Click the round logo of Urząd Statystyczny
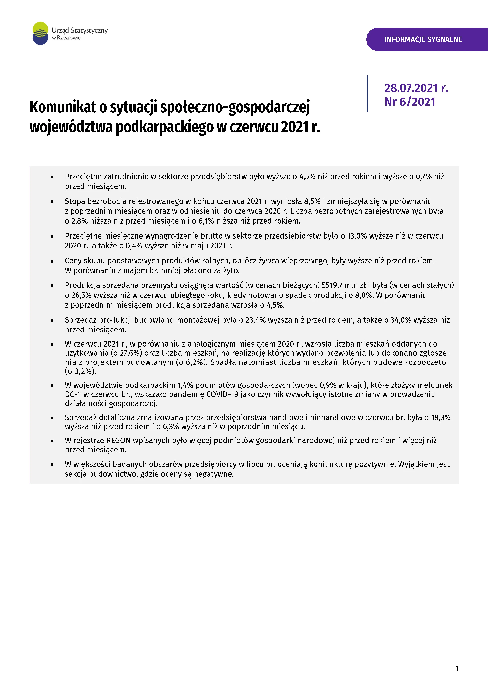[40, 33]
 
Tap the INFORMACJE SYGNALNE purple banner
[423, 39]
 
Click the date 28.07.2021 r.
[416, 88]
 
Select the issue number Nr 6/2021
[410, 102]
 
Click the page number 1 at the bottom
[457, 668]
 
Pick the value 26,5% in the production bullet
[81, 295]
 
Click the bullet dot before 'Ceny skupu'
[52, 261]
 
